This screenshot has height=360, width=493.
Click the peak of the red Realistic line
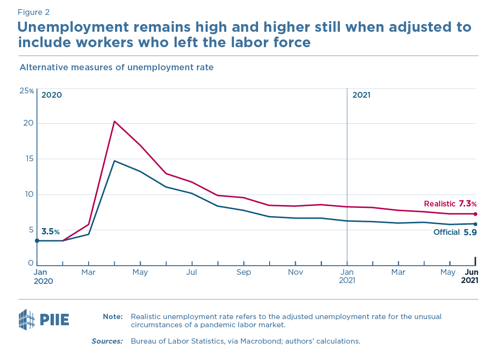tap(114, 121)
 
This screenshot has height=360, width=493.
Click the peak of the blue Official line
tap(114, 161)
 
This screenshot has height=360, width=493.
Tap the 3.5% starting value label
tap(51, 231)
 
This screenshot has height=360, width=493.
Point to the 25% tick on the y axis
tap(26, 91)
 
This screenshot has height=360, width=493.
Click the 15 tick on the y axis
tap(29, 159)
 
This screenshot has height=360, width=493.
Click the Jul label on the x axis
tap(192, 272)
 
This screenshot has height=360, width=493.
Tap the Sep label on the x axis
tap(244, 272)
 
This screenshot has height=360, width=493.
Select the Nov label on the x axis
tap(295, 272)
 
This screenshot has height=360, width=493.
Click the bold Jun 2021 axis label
tap(469, 276)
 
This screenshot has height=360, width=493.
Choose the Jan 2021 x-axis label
tap(347, 276)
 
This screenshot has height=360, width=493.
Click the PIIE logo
tap(43, 320)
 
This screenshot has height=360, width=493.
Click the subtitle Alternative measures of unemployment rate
tap(116, 67)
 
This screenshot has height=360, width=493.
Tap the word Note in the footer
tap(113, 317)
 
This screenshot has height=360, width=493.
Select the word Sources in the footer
tap(107, 341)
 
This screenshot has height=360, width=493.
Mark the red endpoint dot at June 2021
tap(475, 214)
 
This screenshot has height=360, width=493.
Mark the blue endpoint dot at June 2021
tap(475, 224)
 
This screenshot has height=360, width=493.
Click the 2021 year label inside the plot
tap(361, 95)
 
